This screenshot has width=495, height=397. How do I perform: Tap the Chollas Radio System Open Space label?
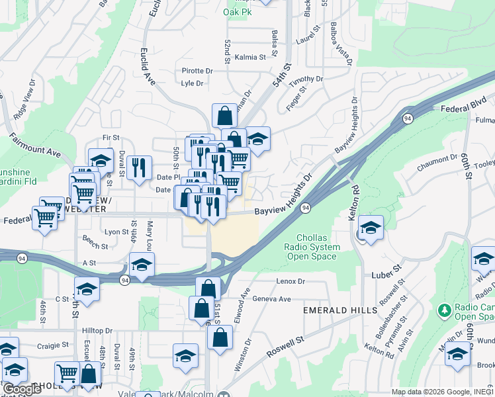[318, 247]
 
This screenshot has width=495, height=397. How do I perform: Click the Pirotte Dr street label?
[197, 71]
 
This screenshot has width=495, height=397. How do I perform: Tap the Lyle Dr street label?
[192, 83]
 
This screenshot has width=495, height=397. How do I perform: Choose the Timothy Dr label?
[308, 79]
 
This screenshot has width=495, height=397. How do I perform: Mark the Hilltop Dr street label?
[89, 330]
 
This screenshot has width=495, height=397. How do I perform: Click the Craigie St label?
[53, 345]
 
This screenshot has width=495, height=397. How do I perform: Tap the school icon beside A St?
[141, 264]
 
